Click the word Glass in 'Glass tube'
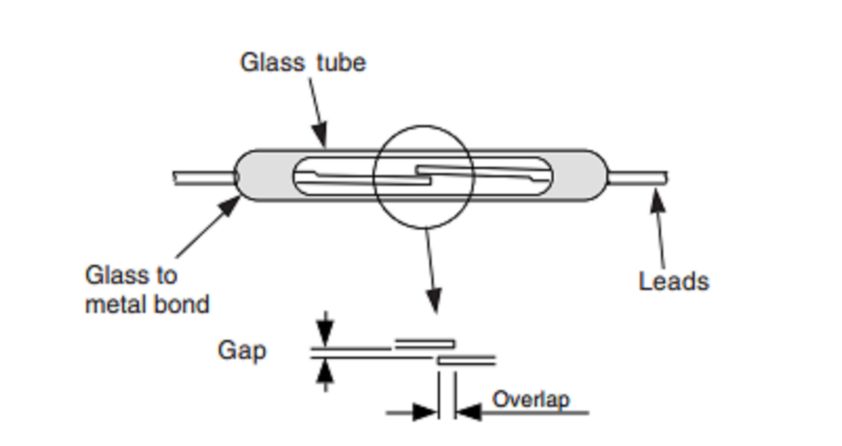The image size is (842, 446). click(x=272, y=62)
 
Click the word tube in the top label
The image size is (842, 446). click(x=341, y=62)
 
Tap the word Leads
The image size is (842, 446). click(x=674, y=281)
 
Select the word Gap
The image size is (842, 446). click(x=242, y=351)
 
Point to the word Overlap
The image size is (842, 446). click(x=531, y=399)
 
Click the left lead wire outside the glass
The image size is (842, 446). click(x=203, y=178)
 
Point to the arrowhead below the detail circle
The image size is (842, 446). click(x=434, y=301)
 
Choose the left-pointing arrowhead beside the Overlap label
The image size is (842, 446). click(x=468, y=412)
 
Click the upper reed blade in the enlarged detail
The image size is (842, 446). click(x=425, y=344)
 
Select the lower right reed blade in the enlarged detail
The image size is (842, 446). click(x=466, y=360)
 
